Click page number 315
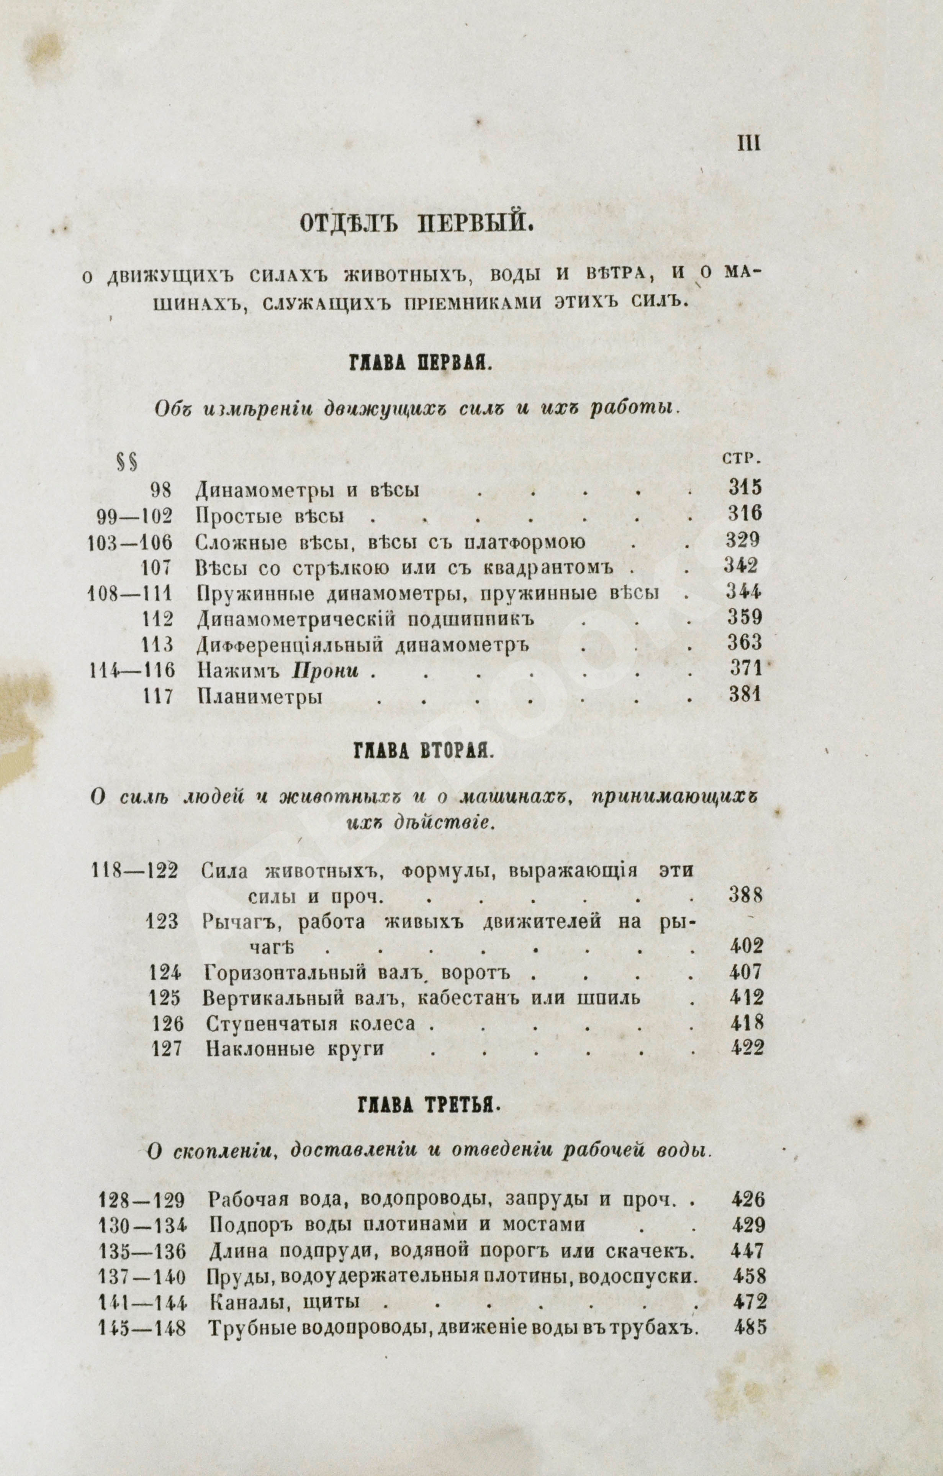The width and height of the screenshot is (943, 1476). coord(744,489)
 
